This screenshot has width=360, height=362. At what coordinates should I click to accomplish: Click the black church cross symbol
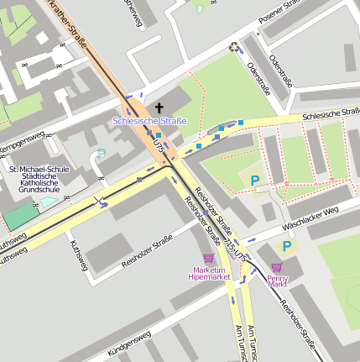pyautogui.click(x=159, y=108)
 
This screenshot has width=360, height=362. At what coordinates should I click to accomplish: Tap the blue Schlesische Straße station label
pyautogui.click(x=149, y=122)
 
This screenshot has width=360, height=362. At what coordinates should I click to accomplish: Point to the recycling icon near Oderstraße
pyautogui.click(x=234, y=47)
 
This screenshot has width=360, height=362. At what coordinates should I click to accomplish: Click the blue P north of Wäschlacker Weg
pyautogui.click(x=255, y=180)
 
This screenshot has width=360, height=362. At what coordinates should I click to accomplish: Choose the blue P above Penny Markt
pyautogui.click(x=287, y=246)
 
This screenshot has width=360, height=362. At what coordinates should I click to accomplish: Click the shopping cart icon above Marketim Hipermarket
pyautogui.click(x=208, y=260)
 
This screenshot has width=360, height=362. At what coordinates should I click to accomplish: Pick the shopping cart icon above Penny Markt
pyautogui.click(x=276, y=266)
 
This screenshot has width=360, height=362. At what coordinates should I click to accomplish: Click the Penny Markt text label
pyautogui.click(x=277, y=281)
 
